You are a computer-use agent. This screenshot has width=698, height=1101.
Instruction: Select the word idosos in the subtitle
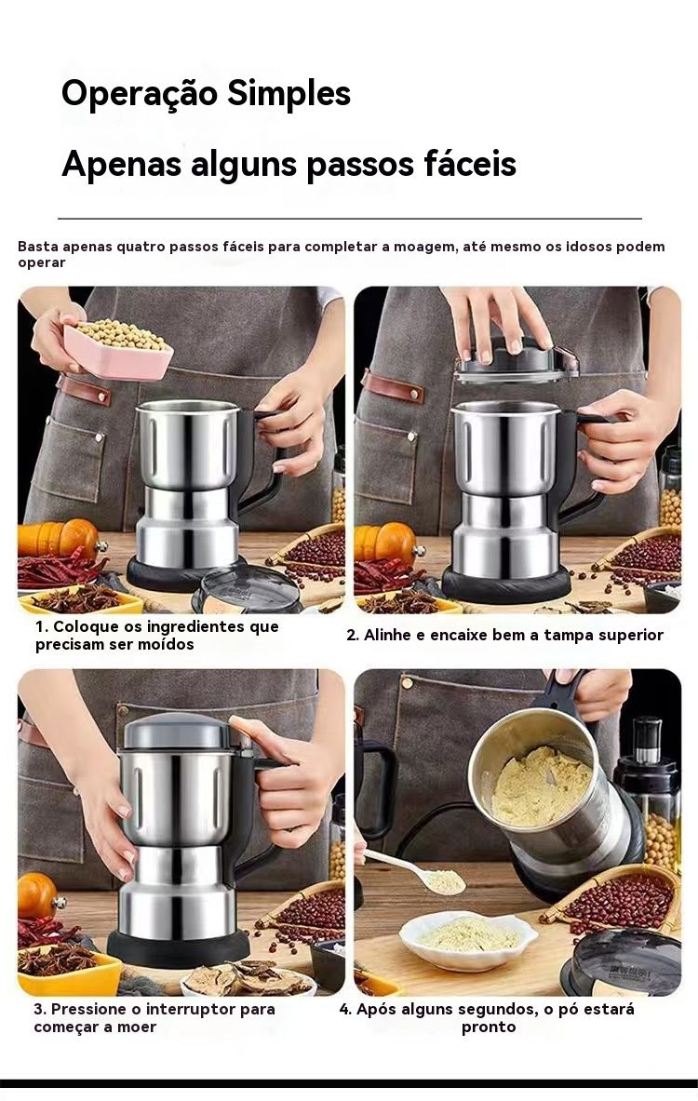pyautogui.click(x=588, y=247)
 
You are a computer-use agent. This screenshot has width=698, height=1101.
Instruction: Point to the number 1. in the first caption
pyautogui.click(x=42, y=626)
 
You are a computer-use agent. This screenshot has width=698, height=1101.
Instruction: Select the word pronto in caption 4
pyautogui.click(x=488, y=1027)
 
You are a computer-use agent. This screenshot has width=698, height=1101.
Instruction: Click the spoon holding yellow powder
pyautogui.click(x=416, y=871)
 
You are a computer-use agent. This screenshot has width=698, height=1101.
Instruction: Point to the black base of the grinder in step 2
pyautogui.click(x=505, y=582)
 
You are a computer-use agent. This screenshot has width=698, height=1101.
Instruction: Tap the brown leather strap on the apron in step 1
pyautogui.click(x=85, y=389)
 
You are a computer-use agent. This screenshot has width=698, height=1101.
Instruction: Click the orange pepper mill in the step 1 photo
pyautogui.click(x=59, y=539)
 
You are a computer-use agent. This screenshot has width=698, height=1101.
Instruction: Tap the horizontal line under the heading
pyautogui.click(x=350, y=219)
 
